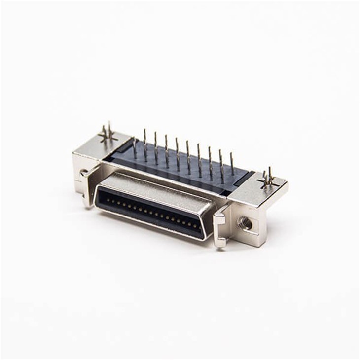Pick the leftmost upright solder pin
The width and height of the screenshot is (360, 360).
[x=135, y=147]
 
